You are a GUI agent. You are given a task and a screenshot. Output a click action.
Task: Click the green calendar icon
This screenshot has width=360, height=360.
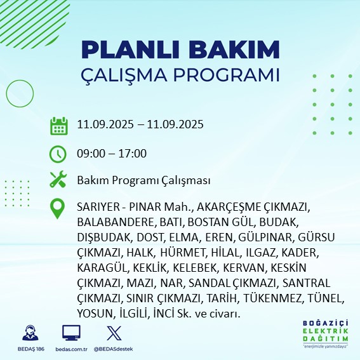pos(58,126)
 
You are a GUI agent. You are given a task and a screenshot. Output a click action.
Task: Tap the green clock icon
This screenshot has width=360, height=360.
pos(58,154)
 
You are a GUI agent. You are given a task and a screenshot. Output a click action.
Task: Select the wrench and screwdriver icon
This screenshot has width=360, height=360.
pos(58,180)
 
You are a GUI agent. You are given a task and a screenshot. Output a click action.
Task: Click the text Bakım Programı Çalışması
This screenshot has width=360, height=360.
pos(143,181)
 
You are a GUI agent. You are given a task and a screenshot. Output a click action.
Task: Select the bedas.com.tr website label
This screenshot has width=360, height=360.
pos(71,349)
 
